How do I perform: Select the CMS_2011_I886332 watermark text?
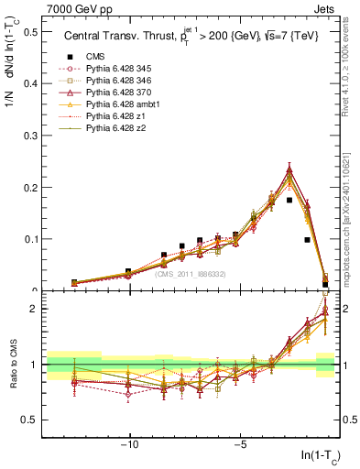pos(190,274)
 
